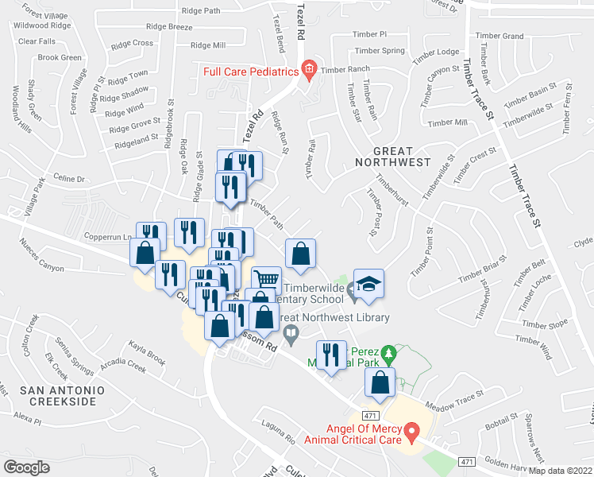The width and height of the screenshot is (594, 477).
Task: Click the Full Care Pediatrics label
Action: [x=250, y=72]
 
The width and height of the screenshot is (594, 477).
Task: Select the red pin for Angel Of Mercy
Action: [x=411, y=432]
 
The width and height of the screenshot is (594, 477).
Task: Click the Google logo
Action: [x=26, y=467]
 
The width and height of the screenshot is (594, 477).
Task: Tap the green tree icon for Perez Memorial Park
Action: [x=388, y=351]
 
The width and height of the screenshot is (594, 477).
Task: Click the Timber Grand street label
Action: [x=501, y=37]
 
